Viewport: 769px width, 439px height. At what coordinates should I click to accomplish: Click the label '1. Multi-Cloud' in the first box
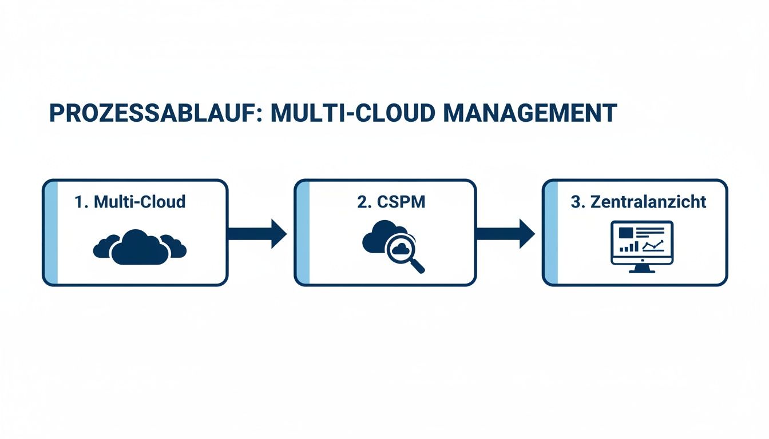(x=130, y=202)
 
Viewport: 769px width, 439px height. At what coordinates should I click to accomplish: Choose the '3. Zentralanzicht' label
(x=639, y=202)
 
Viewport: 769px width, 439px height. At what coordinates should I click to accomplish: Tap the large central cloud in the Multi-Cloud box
(x=139, y=247)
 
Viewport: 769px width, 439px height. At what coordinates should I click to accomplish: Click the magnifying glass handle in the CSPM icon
(x=418, y=266)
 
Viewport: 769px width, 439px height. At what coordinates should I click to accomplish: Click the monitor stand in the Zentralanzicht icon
(x=641, y=268)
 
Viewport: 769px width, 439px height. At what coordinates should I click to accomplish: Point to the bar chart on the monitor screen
(x=629, y=247)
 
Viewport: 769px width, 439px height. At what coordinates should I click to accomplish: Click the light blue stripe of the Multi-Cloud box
(x=51, y=233)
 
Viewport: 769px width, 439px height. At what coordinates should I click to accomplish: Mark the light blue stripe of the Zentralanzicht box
(x=550, y=233)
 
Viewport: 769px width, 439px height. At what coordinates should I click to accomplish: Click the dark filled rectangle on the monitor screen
(x=625, y=232)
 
